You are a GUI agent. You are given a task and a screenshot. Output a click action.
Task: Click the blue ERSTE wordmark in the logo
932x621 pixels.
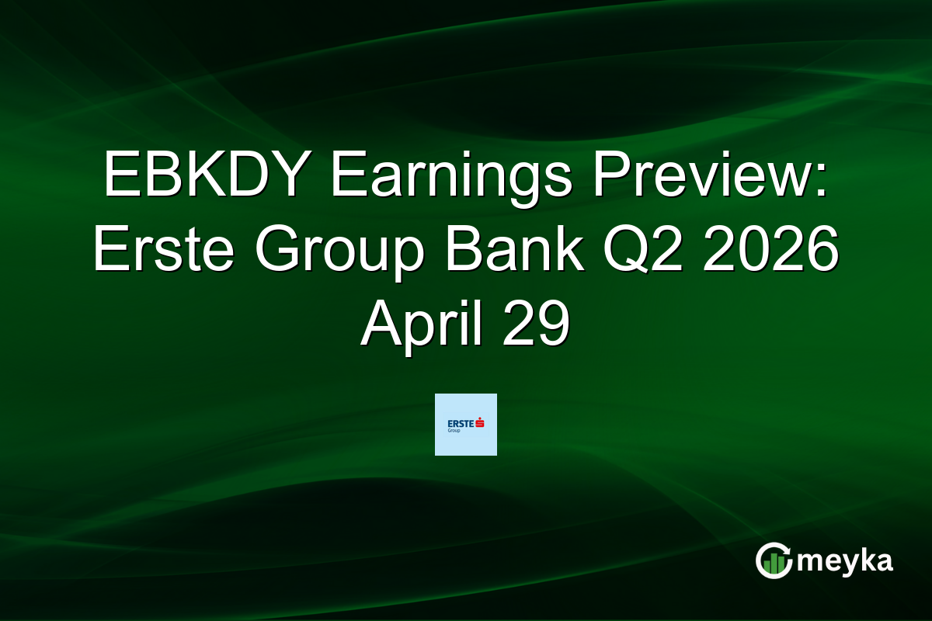click(x=461, y=422)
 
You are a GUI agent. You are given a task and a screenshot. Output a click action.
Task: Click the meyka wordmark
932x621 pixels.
click(x=846, y=560)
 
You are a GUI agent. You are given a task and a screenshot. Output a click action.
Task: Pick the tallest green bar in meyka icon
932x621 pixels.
click(x=773, y=564)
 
